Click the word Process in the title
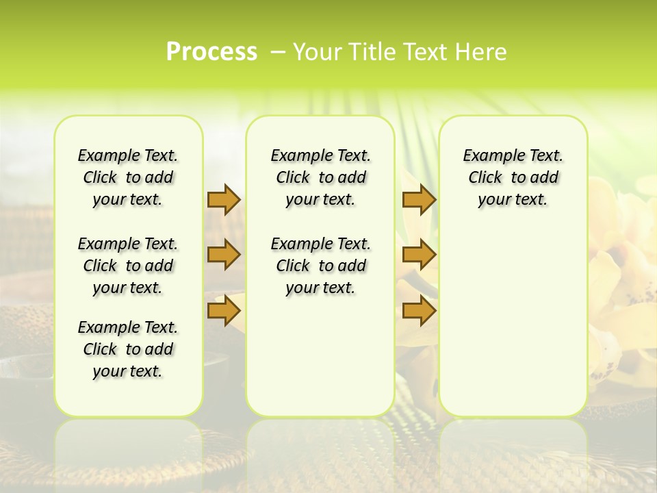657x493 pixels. pos(211,52)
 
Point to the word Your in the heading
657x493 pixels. pos(318,52)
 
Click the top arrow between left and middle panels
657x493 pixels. pos(224,199)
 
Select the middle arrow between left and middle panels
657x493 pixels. pos(224,255)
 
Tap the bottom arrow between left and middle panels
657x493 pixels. pos(224,311)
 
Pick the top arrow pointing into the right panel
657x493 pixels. pos(419,199)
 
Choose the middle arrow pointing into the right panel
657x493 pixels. pos(419,255)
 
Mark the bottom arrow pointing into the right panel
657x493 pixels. pos(419,311)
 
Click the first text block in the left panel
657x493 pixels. pos(128,177)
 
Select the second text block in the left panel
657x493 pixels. pos(128,266)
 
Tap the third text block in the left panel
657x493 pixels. pos(128,349)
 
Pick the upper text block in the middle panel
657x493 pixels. pos(320,177)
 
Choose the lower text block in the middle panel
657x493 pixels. pos(320,266)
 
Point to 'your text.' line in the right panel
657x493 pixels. pos(513,200)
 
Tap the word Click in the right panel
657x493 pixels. pos(485,178)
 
